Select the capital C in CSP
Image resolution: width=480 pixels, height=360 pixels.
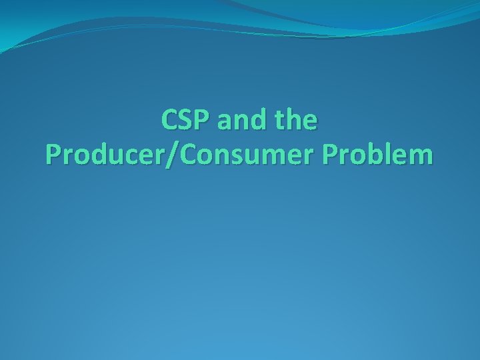tap(169, 121)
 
